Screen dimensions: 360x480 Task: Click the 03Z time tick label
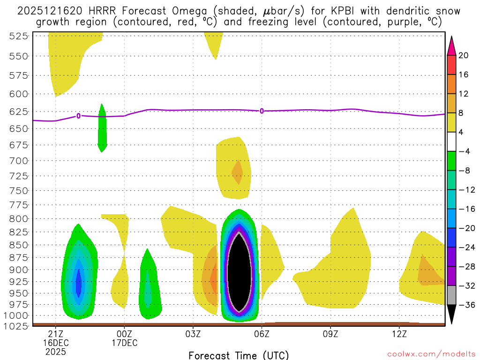tap(193, 334)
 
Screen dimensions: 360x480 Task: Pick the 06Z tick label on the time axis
tap(262, 334)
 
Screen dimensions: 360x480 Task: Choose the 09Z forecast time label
tap(330, 334)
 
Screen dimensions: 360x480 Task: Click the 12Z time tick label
tap(399, 334)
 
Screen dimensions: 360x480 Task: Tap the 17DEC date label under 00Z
tap(124, 343)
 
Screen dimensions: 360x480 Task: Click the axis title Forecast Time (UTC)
tap(239, 355)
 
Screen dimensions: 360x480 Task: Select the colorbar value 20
tap(464, 55)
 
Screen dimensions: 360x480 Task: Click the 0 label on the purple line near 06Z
tap(262, 111)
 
